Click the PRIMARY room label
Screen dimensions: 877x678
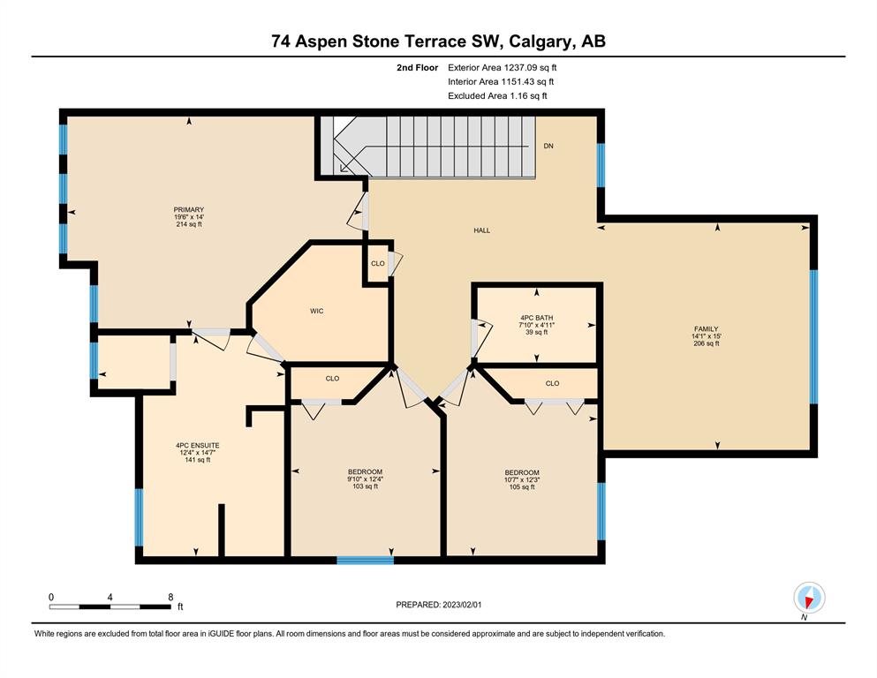[x=188, y=209]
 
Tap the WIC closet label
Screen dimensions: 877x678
[x=316, y=311]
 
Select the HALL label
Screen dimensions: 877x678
[x=481, y=230]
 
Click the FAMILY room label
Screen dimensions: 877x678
[x=706, y=329]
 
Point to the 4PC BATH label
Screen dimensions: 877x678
[x=536, y=318]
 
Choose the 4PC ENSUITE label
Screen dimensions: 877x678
[x=198, y=446]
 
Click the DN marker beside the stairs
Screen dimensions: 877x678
[x=548, y=146]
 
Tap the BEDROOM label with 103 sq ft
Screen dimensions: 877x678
[x=365, y=471]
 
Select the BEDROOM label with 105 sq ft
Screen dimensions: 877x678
[x=522, y=472]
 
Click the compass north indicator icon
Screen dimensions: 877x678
[x=809, y=598]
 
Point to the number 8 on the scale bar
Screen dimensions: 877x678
[x=170, y=597]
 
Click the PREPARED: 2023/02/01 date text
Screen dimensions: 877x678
[x=438, y=605]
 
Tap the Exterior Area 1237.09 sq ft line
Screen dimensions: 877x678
[x=503, y=68]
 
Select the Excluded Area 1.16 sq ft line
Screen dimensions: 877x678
[x=497, y=95]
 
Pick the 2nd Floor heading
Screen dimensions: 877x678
[x=417, y=68]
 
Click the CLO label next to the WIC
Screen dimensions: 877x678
[x=377, y=263]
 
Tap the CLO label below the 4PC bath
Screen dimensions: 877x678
[x=552, y=383]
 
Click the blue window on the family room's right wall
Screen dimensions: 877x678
[x=813, y=336]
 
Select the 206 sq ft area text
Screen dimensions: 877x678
[x=706, y=343]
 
